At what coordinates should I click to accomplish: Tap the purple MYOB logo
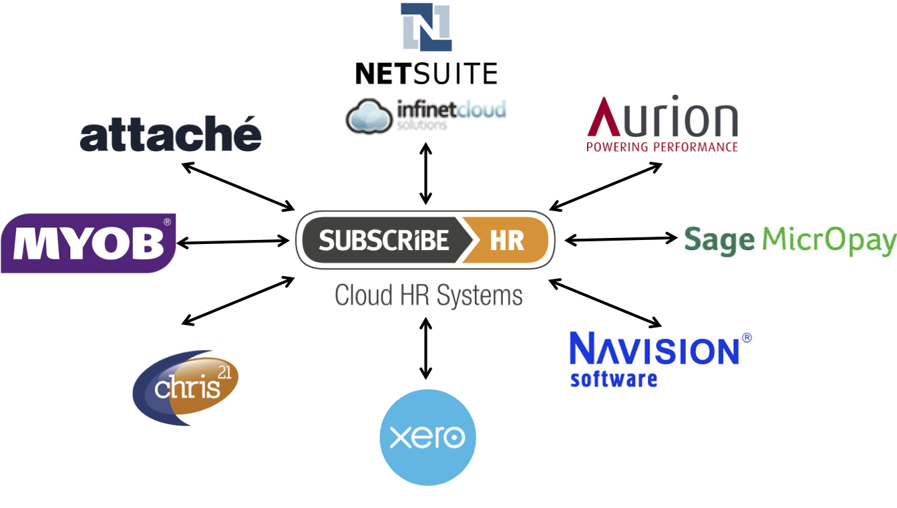point(87,243)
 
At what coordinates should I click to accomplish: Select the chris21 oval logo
point(185,388)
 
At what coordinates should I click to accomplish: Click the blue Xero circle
point(427,438)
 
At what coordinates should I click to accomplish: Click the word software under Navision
point(613,378)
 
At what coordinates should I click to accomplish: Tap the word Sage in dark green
point(719,240)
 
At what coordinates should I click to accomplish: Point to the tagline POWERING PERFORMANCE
point(662,146)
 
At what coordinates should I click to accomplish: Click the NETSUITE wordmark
point(426,73)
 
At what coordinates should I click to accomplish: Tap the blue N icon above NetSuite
point(426,27)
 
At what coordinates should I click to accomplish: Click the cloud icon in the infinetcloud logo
point(369,116)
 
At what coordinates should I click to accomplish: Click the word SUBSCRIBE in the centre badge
point(383,239)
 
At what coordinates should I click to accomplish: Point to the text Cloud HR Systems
point(428,295)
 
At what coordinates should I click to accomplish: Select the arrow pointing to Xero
point(425,349)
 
